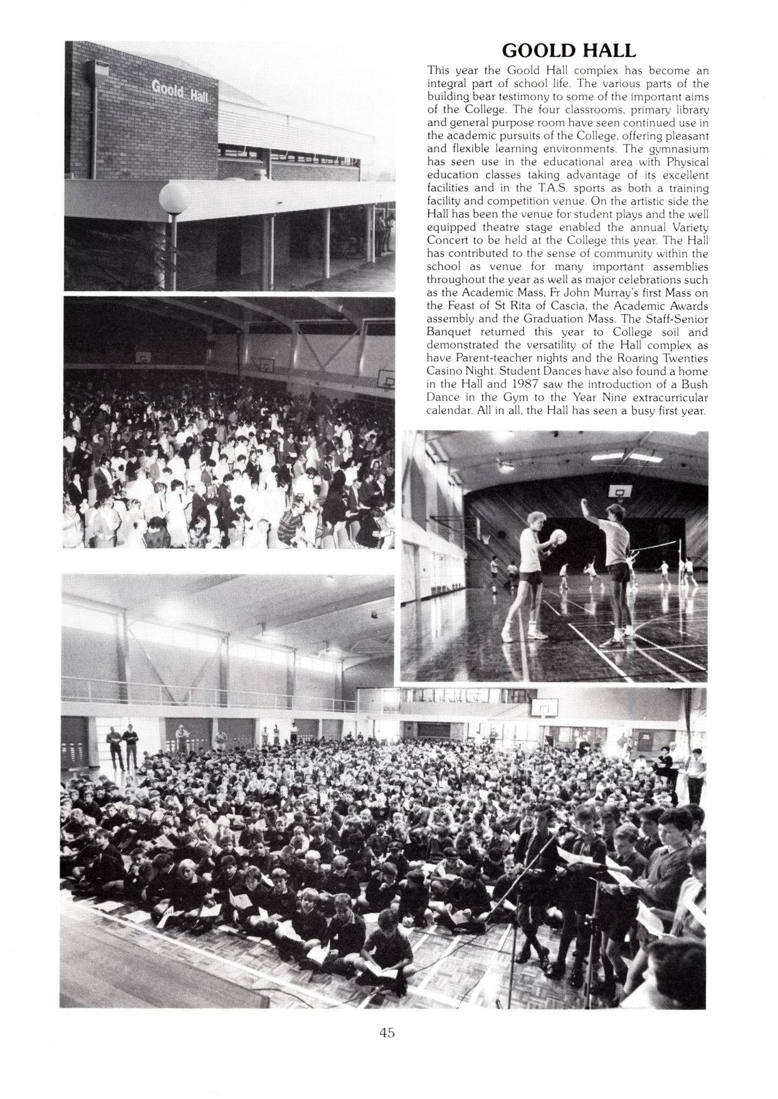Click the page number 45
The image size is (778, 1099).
387,1033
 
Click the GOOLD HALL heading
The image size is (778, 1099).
569,50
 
